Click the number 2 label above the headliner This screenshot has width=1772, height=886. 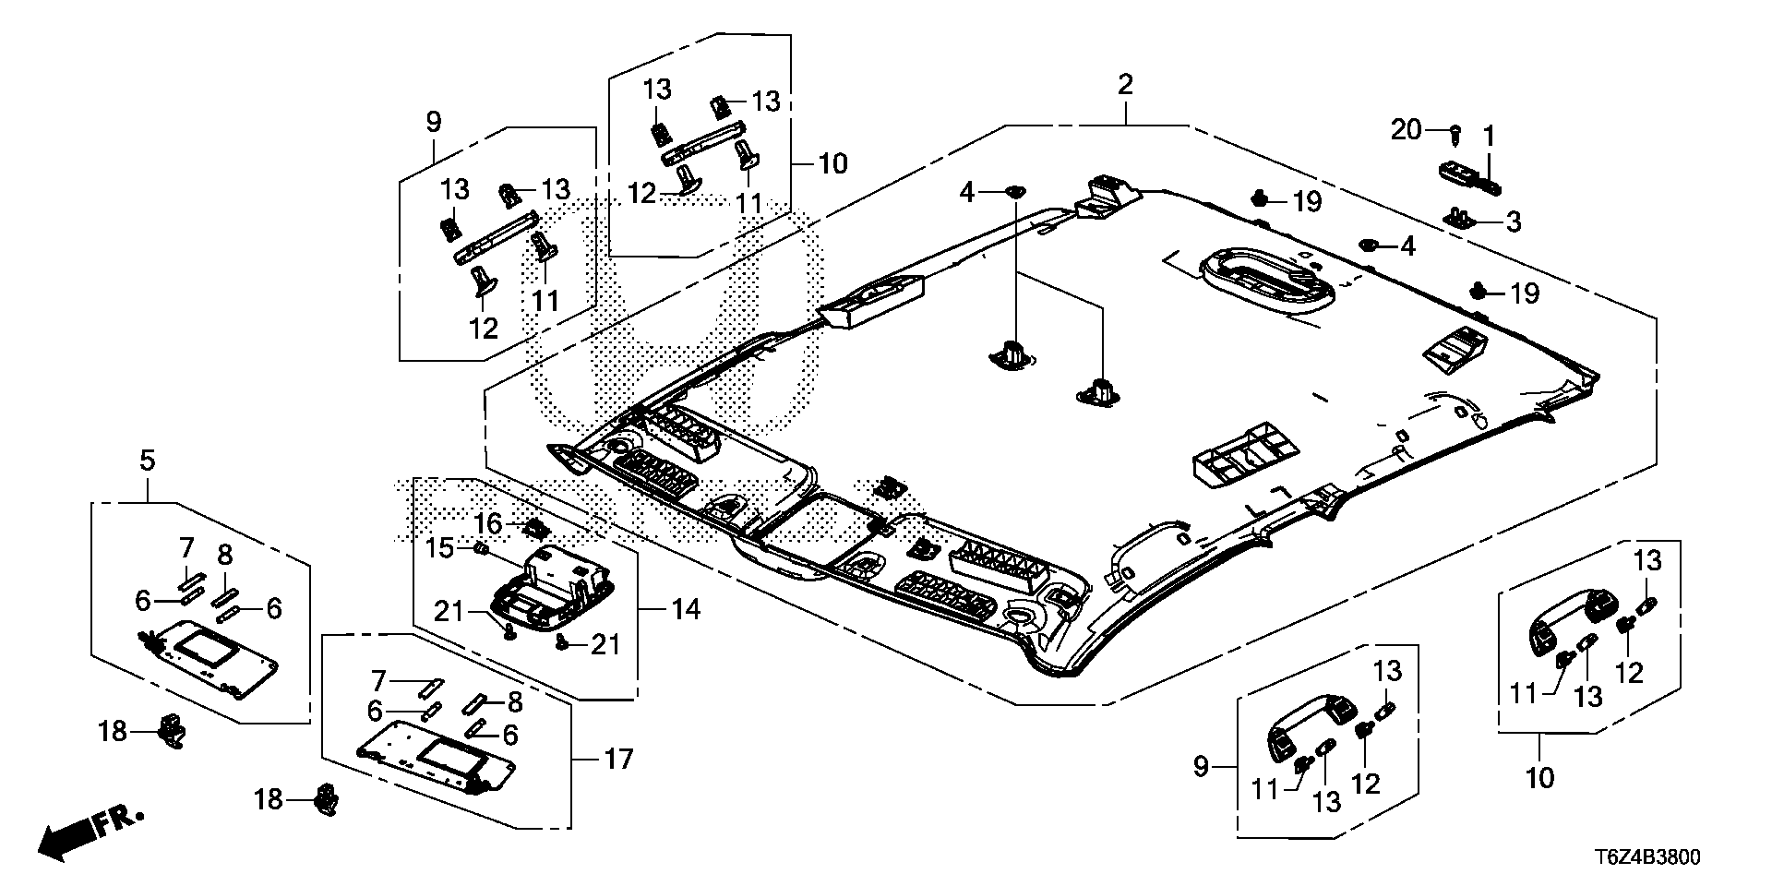pos(1125,85)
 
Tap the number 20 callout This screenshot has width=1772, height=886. pos(1407,131)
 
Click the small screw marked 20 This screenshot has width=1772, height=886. pos(1455,135)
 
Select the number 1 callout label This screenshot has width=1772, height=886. pos(1489,137)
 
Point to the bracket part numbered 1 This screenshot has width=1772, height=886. pos(1470,176)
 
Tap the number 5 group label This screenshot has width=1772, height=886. pos(148,460)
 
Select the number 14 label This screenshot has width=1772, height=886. pos(685,609)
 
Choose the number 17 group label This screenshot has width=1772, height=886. pos(618,760)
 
